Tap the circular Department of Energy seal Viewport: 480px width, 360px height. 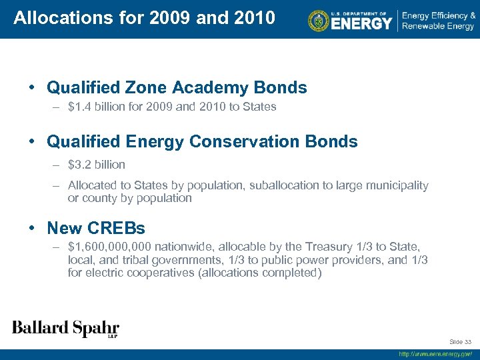tap(319, 21)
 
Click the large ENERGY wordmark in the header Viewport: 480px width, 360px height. tap(361, 23)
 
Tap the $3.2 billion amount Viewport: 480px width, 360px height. tap(97, 164)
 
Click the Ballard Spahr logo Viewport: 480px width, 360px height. tap(65, 328)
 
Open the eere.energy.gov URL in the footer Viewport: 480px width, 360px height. tap(435, 354)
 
